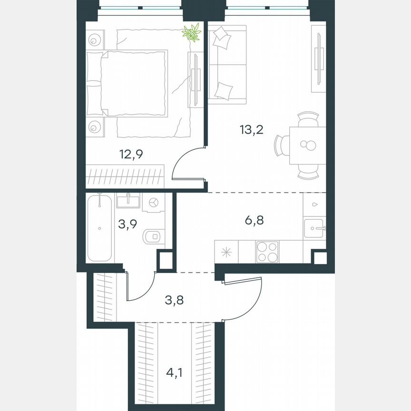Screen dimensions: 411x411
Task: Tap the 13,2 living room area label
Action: pos(252,129)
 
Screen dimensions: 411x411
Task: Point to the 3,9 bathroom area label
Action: pos(128,224)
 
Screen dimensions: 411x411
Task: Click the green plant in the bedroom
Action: pos(192,32)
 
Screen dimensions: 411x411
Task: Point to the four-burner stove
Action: pos(267,251)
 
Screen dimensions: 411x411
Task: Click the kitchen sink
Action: pos(314,228)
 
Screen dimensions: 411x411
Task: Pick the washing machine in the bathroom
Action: pos(154,203)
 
